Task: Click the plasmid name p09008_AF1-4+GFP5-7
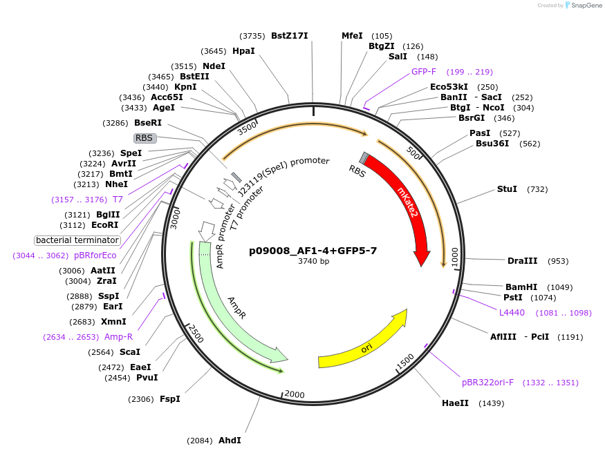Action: point(313,251)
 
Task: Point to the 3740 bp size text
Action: point(313,261)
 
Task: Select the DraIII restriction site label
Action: point(522,261)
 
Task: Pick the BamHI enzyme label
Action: point(521,287)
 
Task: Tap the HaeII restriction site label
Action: point(456,403)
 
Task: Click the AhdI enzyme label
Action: point(230,441)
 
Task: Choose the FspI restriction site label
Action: point(169,399)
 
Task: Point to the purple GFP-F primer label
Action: point(424,72)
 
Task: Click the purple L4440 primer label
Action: point(512,313)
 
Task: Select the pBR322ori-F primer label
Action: point(488,383)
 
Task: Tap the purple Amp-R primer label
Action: point(118,337)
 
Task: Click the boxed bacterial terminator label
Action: point(77,240)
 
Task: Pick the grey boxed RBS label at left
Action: point(144,138)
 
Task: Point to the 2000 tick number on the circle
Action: point(295,394)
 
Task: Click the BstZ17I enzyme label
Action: point(289,36)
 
